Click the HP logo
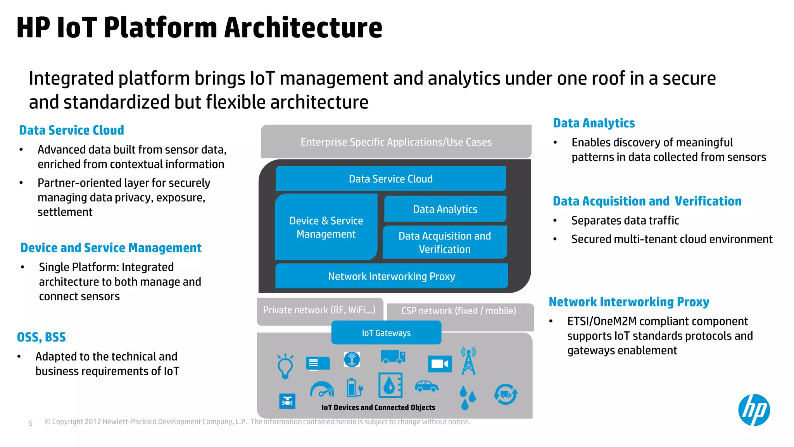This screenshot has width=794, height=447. pos(754,410)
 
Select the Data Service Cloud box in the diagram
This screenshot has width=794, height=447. pos(391,179)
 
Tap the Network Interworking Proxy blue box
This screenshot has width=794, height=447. pos(391,276)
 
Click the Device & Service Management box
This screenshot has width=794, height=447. pos(326,227)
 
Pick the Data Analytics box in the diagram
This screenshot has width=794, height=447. pos(445,209)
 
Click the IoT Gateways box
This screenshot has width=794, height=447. pos(386,333)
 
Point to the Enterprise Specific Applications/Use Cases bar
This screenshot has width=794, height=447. pos(396,142)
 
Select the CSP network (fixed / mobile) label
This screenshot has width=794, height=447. pos(458,311)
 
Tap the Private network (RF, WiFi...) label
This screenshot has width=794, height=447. pos(319,310)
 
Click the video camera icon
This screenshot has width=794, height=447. pos(440,364)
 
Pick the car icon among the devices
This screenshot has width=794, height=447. pos(426,386)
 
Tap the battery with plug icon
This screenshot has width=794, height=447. pos(354,388)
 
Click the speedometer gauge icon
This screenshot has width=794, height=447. pos(322,390)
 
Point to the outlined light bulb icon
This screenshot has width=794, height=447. pos(285,366)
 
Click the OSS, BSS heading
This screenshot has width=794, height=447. pos(41,337)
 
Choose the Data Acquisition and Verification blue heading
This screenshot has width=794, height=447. pos(647,201)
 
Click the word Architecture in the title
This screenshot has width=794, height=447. pos(303,28)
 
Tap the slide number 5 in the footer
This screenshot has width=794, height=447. pos(31,423)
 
